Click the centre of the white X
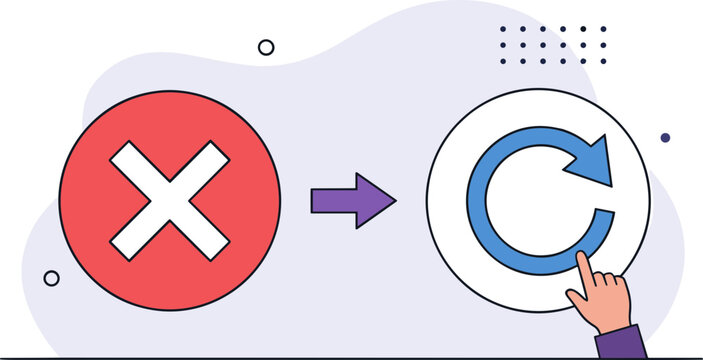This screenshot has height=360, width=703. pos(170,200)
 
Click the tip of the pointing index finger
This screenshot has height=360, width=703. pos(580,259)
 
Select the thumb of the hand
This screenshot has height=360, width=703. pos(578,298)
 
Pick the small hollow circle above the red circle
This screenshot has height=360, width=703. pos(266,47)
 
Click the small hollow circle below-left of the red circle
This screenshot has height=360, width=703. pos(51,278)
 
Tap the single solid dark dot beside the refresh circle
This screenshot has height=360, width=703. pos(665,137)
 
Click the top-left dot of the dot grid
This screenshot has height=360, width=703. pos(502,29)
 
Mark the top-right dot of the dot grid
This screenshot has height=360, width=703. pos(603,29)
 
